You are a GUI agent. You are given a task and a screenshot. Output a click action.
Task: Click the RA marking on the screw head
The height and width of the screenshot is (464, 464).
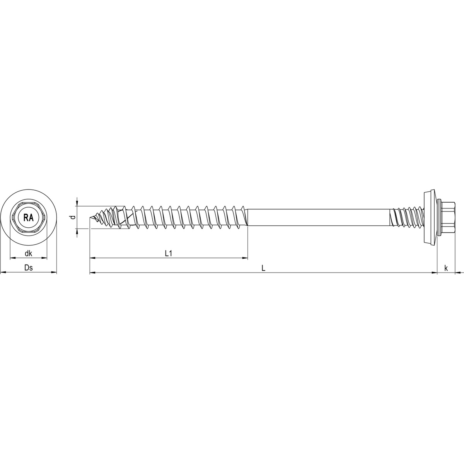[x=29, y=218]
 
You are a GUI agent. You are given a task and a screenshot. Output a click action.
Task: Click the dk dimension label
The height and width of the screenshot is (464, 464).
[x=28, y=254]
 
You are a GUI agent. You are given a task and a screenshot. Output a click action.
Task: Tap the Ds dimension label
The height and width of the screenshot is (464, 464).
[x=28, y=268]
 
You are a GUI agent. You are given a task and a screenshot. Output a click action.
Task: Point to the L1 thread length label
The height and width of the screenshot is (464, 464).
[x=168, y=253]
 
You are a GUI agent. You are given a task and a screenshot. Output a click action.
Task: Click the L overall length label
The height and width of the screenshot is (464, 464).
[x=263, y=268]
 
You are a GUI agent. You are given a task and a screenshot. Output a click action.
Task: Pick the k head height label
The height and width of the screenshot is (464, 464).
[x=446, y=268]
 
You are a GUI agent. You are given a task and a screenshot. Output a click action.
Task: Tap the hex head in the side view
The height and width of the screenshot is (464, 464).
[x=449, y=218]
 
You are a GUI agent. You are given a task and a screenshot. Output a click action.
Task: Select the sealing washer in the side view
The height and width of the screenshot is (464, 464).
[x=430, y=218]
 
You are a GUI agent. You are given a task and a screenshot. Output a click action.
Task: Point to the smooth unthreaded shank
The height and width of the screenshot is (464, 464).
[x=317, y=218]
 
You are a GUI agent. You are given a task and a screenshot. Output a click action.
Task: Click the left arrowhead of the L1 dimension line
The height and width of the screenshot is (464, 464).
[x=92, y=258]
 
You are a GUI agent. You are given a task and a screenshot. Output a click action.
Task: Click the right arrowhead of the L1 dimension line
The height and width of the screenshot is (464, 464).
[x=245, y=258]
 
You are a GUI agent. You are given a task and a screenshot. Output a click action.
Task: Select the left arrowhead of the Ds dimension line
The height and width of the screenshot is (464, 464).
[x=3, y=273]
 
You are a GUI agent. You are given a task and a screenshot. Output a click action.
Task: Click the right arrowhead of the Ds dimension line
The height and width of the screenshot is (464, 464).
[x=54, y=273]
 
